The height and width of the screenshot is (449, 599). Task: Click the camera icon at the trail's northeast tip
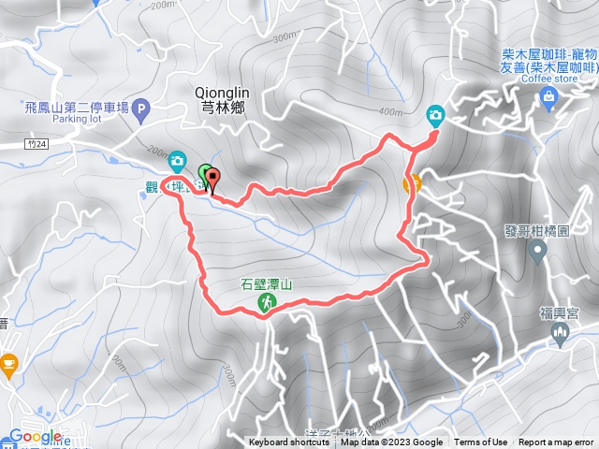click(435, 115)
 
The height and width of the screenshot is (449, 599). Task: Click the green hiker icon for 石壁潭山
click(268, 303)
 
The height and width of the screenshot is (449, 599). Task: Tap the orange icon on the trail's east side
click(412, 182)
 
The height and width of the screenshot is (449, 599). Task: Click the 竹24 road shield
click(36, 144)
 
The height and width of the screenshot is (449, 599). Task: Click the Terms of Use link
click(481, 442)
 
